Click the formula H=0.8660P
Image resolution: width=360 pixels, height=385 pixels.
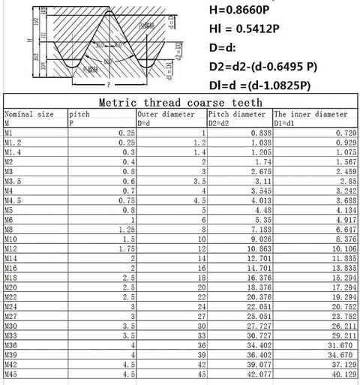pyautogui.click(x=242, y=11)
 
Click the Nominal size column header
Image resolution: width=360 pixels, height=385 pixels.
pyautogui.click(x=29, y=115)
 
